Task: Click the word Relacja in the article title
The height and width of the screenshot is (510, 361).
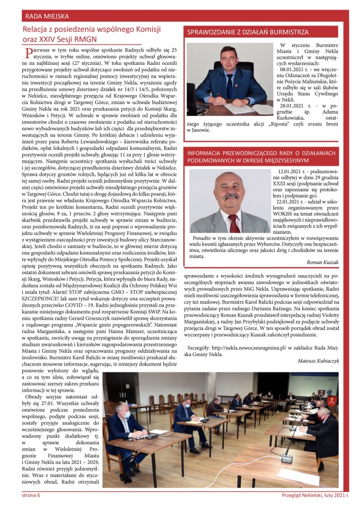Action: tap(36, 29)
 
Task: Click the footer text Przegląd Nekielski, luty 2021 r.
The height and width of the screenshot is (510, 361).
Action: tap(315, 496)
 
